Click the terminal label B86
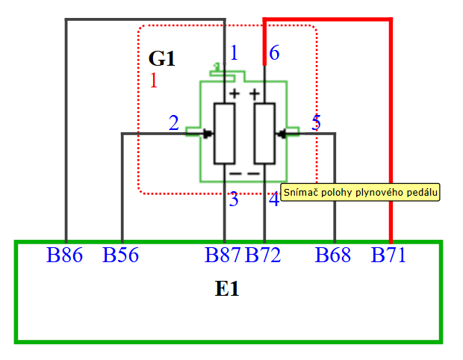tap(64, 255)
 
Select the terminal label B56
tap(121, 255)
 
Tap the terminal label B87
tap(223, 255)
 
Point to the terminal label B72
tap(263, 255)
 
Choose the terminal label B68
tap(333, 255)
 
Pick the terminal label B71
tap(389, 255)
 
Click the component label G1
tap(161, 59)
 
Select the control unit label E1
tap(227, 289)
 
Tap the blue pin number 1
tap(234, 53)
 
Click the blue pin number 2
tap(174, 123)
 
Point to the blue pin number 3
tap(234, 200)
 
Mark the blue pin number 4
tap(274, 200)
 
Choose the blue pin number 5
tap(316, 123)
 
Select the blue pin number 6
tap(274, 53)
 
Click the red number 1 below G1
tap(154, 81)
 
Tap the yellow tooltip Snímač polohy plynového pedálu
tap(361, 192)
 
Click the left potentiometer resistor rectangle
tap(225, 133)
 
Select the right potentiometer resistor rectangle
tap(265, 133)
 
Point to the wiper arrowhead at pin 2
tap(209, 134)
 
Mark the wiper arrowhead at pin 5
tap(281, 134)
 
